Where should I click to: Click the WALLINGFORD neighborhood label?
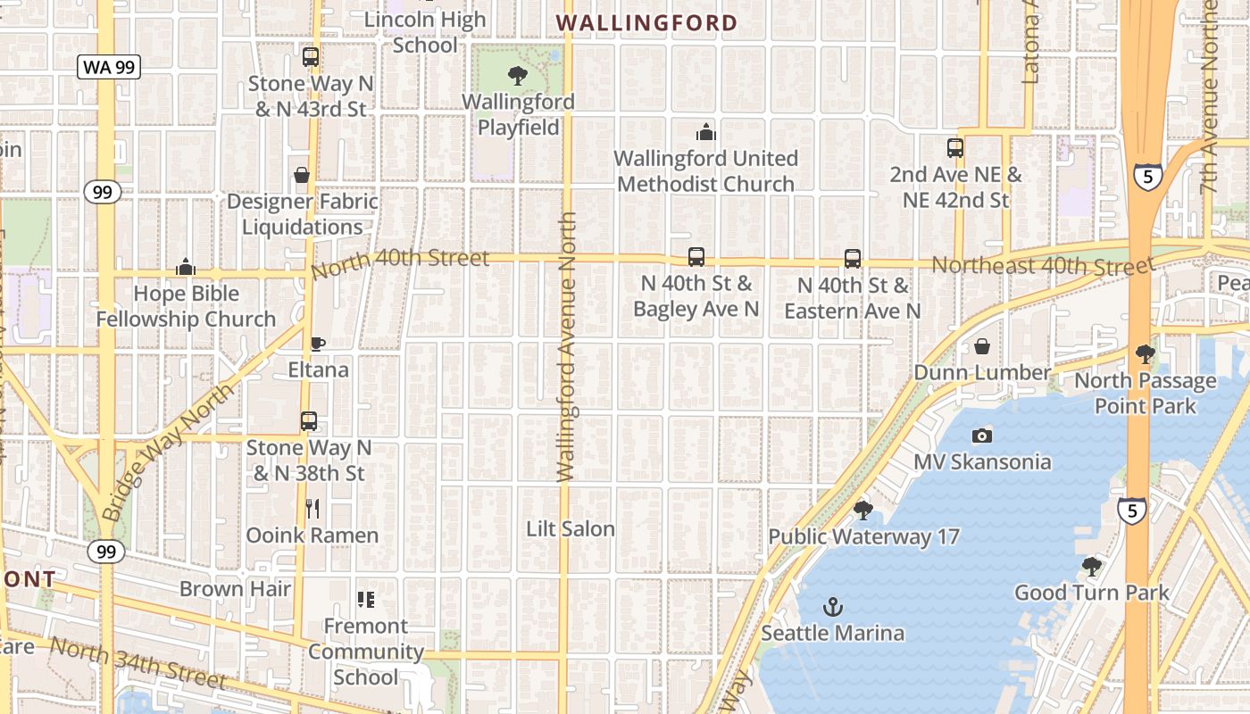647,23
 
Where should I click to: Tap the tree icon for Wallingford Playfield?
517,76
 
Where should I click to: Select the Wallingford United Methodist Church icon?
706,132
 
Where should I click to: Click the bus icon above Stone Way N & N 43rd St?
311,57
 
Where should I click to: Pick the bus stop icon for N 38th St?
309,421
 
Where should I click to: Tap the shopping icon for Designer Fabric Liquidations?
302,175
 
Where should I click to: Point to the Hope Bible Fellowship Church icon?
186,267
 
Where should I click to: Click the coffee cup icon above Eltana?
317,344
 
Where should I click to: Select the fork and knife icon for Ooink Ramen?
312,509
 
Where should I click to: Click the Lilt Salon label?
571,529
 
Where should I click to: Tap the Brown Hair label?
236,589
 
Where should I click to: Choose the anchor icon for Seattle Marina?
832,607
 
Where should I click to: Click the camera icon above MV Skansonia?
982,436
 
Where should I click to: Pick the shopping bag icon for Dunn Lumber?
982,346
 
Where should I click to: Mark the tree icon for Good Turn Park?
1091,566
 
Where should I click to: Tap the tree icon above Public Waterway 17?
862,511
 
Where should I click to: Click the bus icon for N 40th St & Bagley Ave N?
696,257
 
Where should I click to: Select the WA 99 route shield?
108,67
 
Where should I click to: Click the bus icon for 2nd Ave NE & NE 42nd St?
955,148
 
